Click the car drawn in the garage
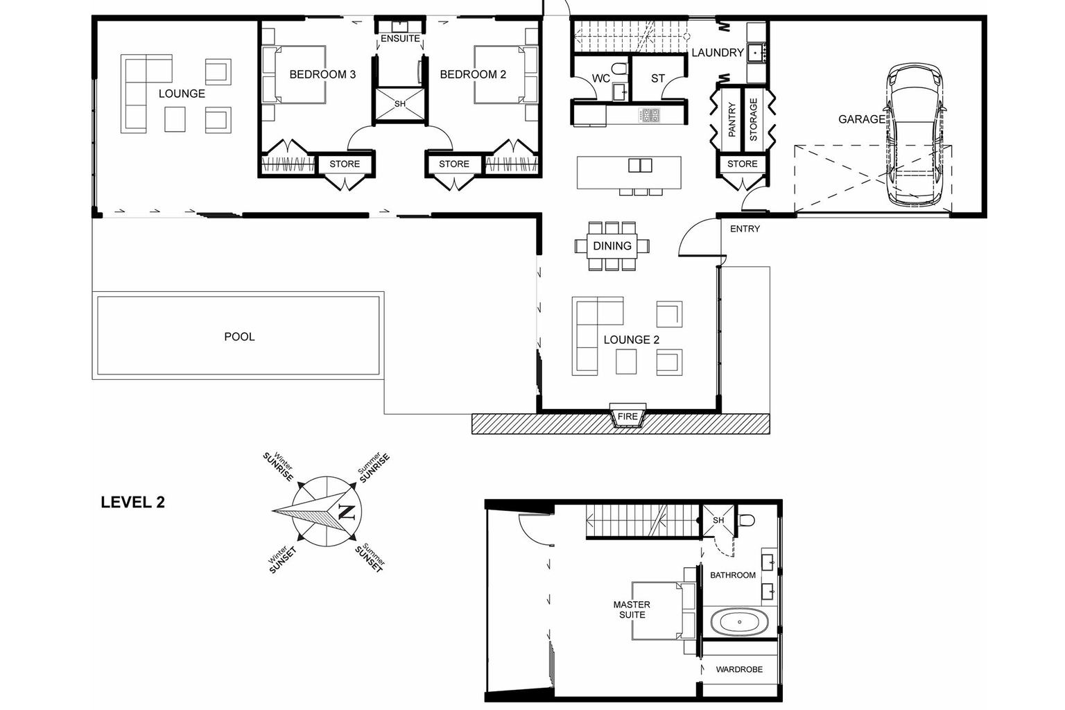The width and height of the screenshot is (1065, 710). pos(915,135)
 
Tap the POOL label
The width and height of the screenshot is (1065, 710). pos(239,337)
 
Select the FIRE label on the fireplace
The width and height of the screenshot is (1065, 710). pos(627,417)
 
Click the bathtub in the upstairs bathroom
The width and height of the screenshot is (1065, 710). pos(739,622)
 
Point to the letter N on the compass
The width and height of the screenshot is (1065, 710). pos(346,512)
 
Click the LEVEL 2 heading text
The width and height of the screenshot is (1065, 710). pos(132,503)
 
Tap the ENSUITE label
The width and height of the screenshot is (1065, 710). pos(400,39)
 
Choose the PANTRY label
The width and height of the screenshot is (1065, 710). pos(731,119)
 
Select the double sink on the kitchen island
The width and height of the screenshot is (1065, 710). pos(640,165)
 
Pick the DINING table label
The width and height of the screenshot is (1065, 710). pos(612,246)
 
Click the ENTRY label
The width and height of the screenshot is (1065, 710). pos(745,229)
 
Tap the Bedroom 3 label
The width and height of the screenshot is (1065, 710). pos(322,74)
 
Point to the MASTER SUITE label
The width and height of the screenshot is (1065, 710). pos(632,609)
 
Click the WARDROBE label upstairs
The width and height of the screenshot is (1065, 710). pos(739,669)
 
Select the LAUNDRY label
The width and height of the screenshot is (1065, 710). pos(718,53)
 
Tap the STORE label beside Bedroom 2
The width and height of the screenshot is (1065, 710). pos(454,164)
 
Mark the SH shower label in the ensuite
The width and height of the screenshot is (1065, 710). pos(400,104)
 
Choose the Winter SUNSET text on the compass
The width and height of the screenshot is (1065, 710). pos(282,560)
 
